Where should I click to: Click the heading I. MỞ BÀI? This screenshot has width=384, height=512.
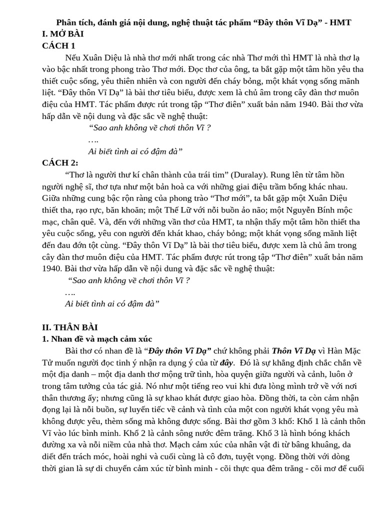click(63, 34)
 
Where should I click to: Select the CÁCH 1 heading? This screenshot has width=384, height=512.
click(58, 45)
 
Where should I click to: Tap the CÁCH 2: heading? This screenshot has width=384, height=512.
click(60, 162)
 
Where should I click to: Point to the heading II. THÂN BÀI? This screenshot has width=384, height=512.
click(70, 327)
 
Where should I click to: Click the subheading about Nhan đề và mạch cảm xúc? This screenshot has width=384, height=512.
click(97, 339)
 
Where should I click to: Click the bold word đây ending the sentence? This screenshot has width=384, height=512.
click(227, 362)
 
